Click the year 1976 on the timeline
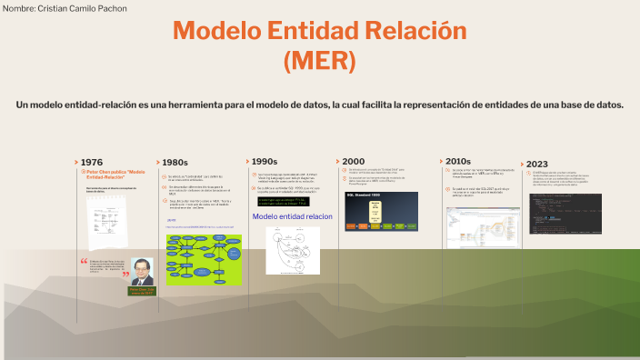click(x=92, y=162)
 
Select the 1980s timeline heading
click(x=174, y=162)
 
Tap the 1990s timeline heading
click(x=264, y=161)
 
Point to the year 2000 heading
click(x=353, y=161)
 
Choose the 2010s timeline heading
click(x=457, y=161)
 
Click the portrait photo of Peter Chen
click(x=141, y=271)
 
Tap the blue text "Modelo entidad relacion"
click(x=293, y=216)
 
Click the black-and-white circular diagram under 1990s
click(x=293, y=249)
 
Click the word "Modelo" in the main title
click(x=215, y=31)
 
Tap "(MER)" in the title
click(x=319, y=61)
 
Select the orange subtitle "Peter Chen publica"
click(x=115, y=172)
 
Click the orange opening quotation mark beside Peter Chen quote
click(x=84, y=261)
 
